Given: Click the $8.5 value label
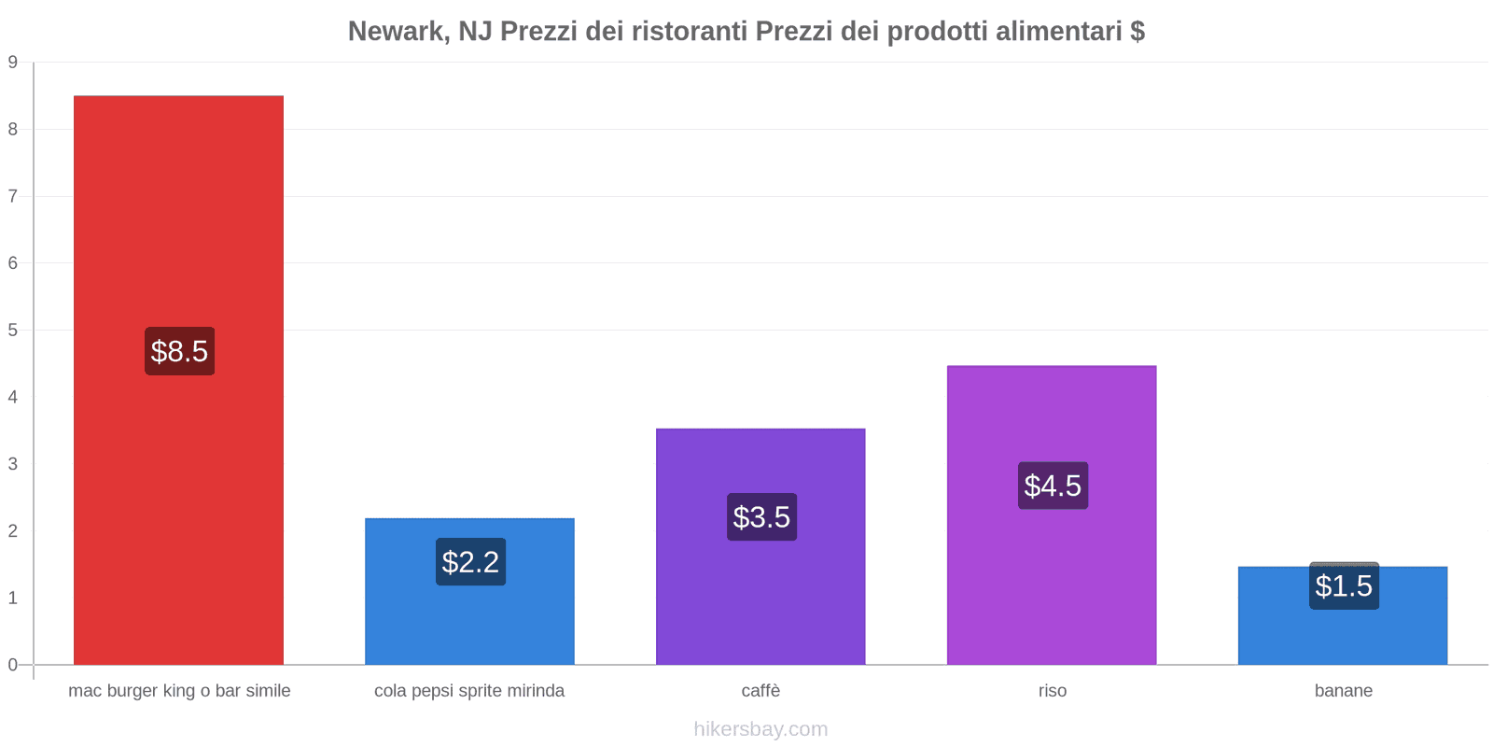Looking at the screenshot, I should click(x=179, y=351).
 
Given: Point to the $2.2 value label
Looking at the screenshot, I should click(x=470, y=562).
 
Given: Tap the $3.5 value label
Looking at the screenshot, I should click(x=761, y=516).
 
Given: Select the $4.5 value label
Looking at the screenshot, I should click(x=1053, y=486).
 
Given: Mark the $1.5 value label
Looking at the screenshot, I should click(x=1344, y=586).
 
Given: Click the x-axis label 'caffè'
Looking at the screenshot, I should click(x=760, y=691).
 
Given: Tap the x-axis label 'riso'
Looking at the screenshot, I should click(x=1053, y=691).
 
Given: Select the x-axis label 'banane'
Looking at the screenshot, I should click(x=1343, y=691).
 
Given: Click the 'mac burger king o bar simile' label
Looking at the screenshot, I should click(x=179, y=691).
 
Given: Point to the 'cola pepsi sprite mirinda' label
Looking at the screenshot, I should click(x=469, y=691).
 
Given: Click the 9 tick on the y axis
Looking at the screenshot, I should click(x=13, y=63).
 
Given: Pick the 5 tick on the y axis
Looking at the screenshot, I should click(x=13, y=331).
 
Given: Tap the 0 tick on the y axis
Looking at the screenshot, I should click(x=13, y=665).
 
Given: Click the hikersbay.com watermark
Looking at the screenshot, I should click(x=760, y=729).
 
